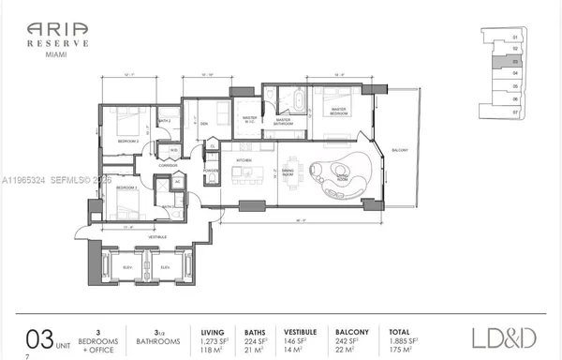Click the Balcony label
pos(400,149)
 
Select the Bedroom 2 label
pos(128,141)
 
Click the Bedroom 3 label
pos(127,188)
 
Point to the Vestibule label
pos(156,237)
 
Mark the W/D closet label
pos(174,150)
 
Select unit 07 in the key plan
pos(514,111)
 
